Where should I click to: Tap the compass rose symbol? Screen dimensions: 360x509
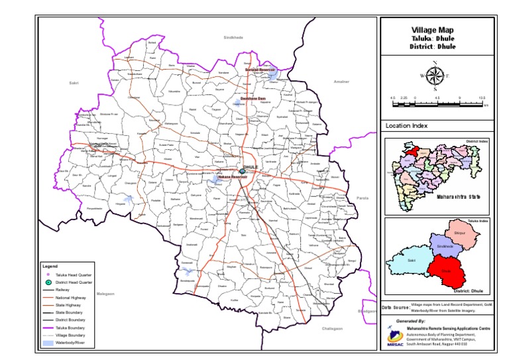click(x=434, y=76)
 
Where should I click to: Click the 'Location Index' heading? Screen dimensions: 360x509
click(x=406, y=125)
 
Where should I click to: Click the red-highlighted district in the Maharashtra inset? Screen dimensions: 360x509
click(x=412, y=151)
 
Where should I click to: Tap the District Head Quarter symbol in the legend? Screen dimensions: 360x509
click(x=48, y=282)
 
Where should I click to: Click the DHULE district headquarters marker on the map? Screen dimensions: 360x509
click(x=243, y=172)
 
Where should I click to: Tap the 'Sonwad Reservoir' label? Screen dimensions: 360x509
click(x=259, y=69)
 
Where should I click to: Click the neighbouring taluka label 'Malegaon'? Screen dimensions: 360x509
click(x=105, y=292)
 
